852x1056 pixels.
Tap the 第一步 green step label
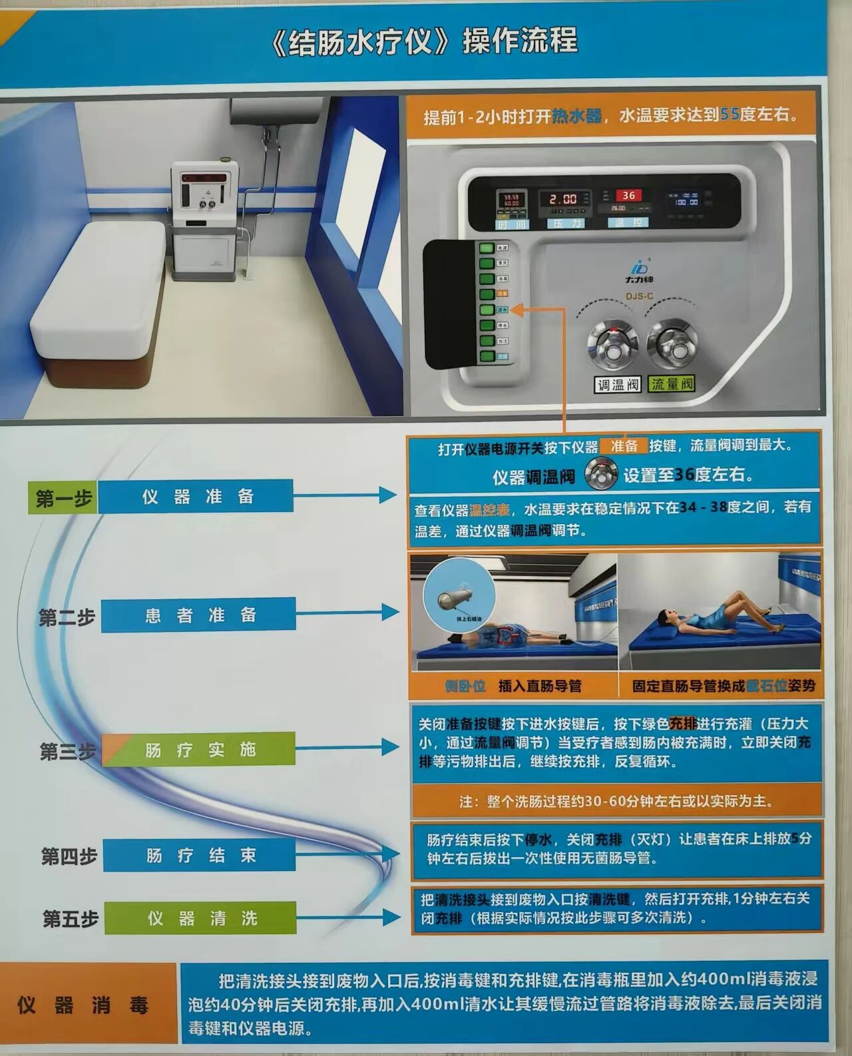pyautogui.click(x=63, y=497)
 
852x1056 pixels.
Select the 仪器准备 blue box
pyautogui.click(x=197, y=497)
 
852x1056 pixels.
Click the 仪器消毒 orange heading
pyautogui.click(x=83, y=1005)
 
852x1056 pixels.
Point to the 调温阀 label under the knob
pyautogui.click(x=617, y=384)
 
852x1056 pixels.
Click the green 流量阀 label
pyautogui.click(x=672, y=384)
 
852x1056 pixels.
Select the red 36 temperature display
pyautogui.click(x=628, y=196)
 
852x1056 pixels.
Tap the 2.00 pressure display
pyautogui.click(x=563, y=199)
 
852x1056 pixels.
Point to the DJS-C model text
pyautogui.click(x=639, y=296)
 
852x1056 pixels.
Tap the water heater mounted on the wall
pyautogui.click(x=269, y=112)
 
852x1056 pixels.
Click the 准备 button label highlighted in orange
pyautogui.click(x=624, y=446)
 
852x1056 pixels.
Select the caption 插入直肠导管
pyautogui.click(x=540, y=686)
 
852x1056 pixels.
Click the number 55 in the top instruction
pyautogui.click(x=730, y=115)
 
